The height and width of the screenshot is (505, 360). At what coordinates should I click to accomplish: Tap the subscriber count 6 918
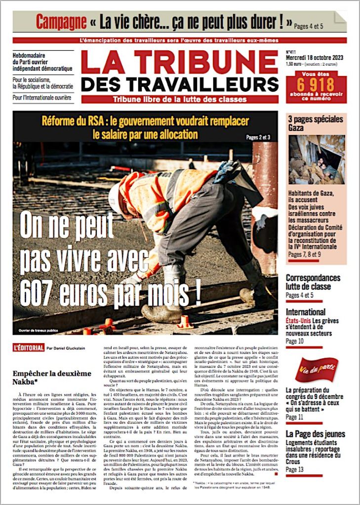[x=316, y=84]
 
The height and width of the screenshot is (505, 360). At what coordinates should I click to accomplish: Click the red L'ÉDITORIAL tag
[x=29, y=348]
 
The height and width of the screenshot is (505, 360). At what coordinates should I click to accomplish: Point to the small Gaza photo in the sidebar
[x=317, y=160]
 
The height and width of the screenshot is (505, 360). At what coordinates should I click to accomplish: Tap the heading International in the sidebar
[x=306, y=312]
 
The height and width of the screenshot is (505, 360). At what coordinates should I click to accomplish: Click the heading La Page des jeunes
[x=316, y=434]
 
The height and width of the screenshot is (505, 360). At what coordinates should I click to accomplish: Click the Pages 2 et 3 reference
[x=258, y=137]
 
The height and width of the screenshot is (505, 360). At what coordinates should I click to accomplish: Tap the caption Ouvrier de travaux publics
[x=39, y=330]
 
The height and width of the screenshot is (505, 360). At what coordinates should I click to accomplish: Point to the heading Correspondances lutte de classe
[x=313, y=282]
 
